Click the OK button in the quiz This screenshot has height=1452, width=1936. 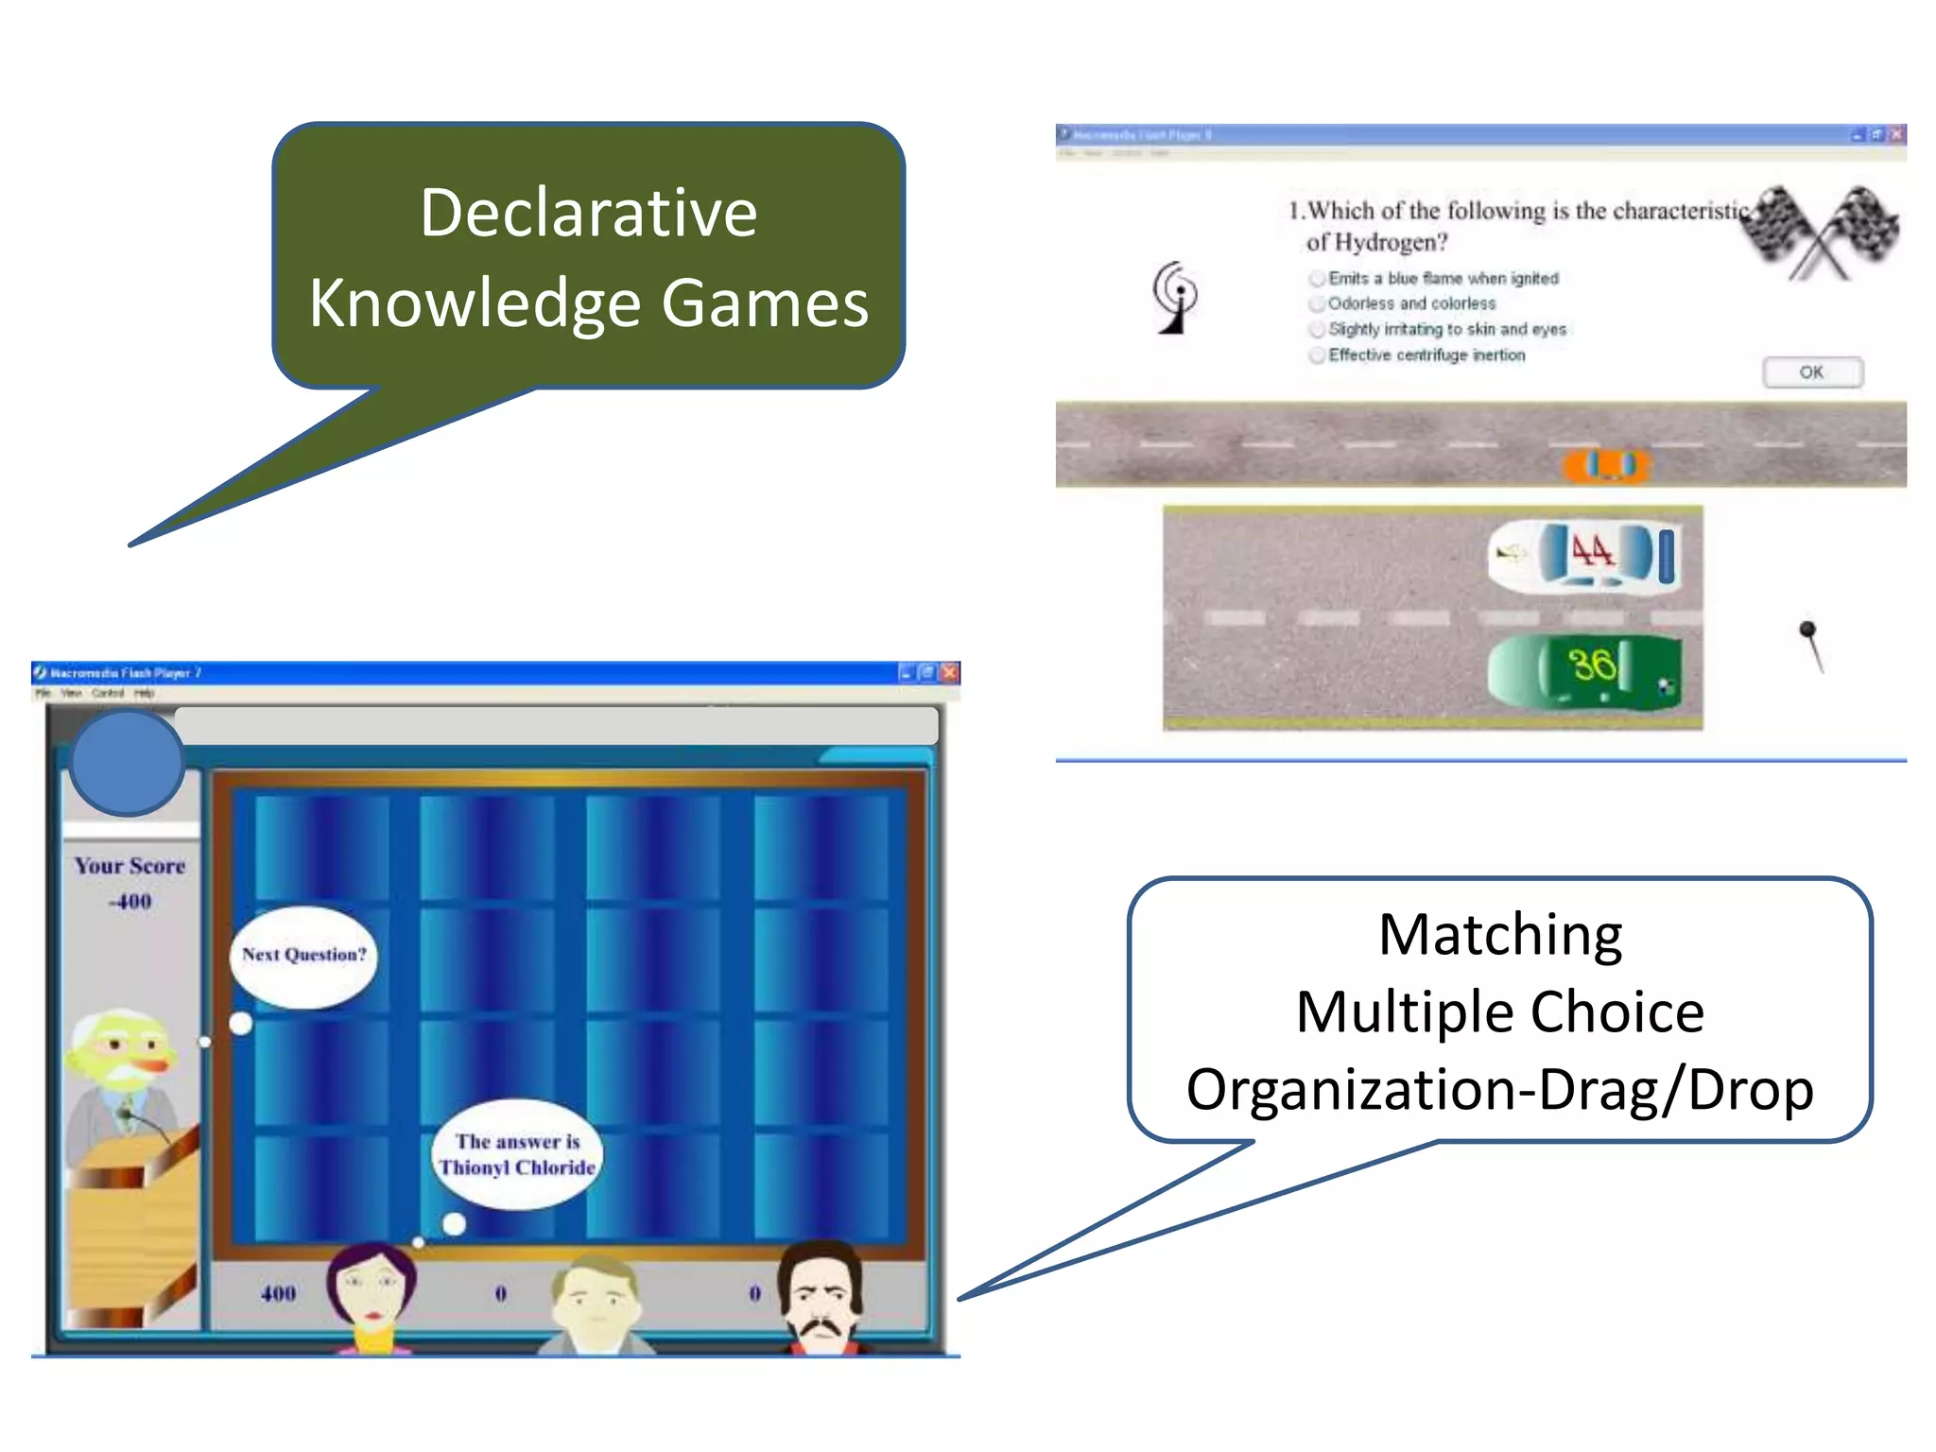1812,372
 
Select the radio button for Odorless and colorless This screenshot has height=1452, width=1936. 1317,303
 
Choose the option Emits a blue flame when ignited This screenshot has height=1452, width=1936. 1317,278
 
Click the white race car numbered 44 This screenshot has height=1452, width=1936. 1585,556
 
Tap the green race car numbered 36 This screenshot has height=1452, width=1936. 1585,670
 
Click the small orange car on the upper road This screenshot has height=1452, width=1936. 1606,465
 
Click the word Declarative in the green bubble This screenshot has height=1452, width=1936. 588,213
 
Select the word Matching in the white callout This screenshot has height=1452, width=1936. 1499,935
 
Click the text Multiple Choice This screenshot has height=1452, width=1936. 1499,1012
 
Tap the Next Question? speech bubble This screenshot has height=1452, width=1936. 303,955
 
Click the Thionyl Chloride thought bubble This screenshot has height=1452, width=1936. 517,1154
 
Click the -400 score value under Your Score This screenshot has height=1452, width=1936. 130,902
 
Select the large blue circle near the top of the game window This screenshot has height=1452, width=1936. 127,762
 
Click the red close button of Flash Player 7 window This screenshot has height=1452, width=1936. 949,672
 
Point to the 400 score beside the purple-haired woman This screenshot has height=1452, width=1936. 278,1293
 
